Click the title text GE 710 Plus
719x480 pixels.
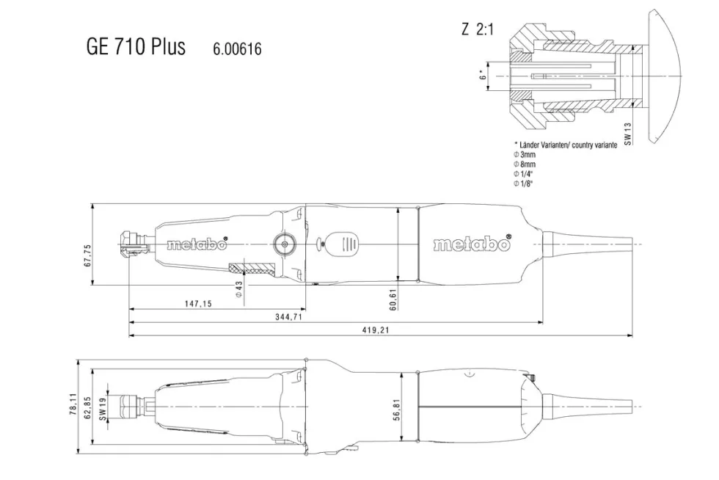tap(136, 46)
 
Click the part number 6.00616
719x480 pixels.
tap(237, 48)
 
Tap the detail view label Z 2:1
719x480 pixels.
tap(478, 29)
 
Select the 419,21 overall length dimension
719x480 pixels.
tap(376, 330)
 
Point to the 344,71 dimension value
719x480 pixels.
tap(289, 316)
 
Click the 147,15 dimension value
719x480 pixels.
tap(199, 303)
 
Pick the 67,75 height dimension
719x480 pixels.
tap(87, 255)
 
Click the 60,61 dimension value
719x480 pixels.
tap(393, 299)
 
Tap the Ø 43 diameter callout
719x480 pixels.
tap(238, 289)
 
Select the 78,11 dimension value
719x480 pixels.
tap(73, 404)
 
